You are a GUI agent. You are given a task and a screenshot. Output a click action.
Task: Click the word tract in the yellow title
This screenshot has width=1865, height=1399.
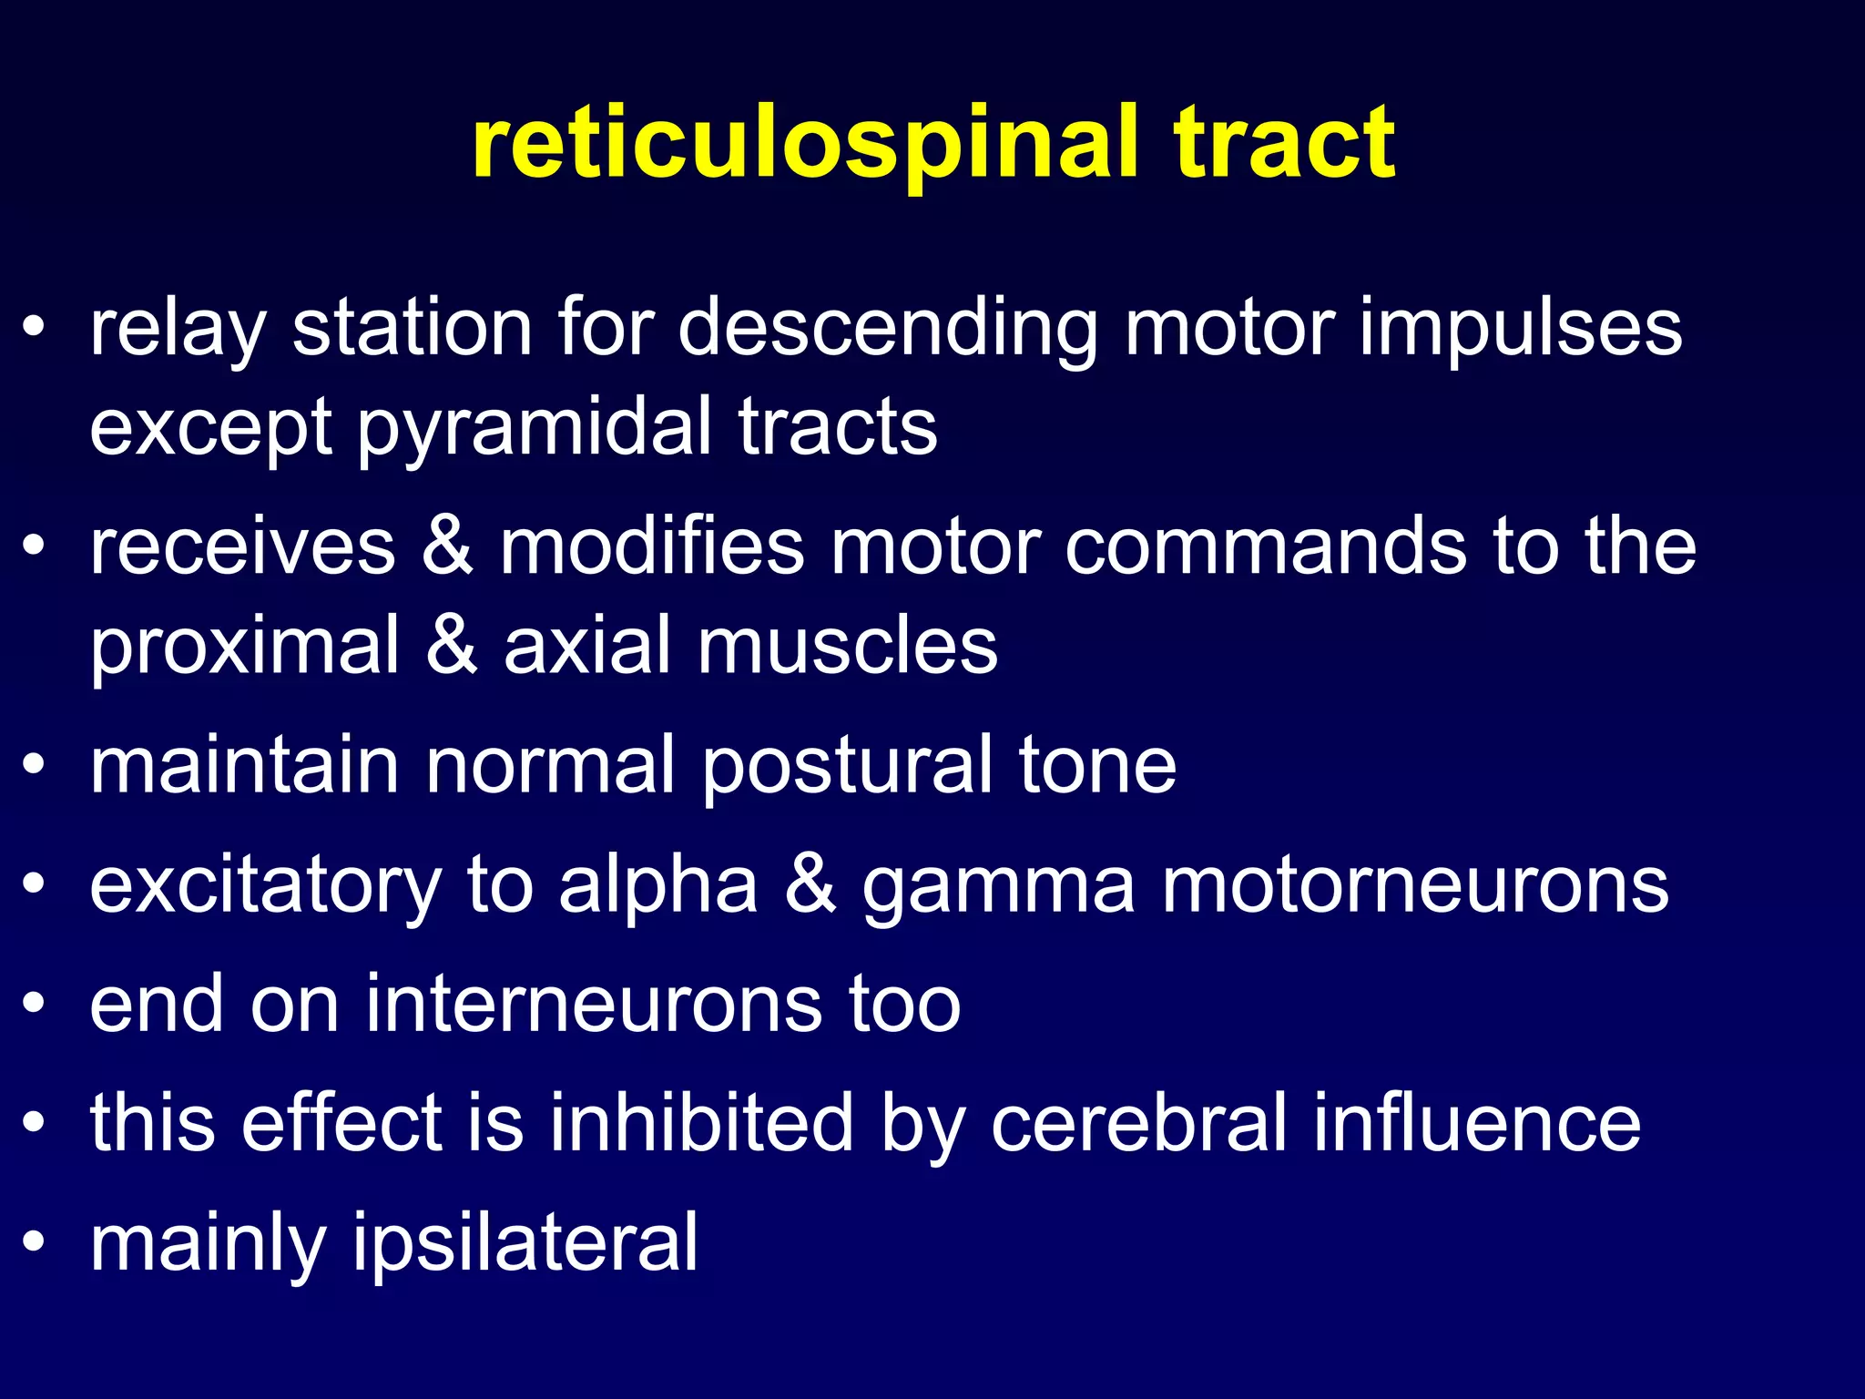[x=1284, y=144]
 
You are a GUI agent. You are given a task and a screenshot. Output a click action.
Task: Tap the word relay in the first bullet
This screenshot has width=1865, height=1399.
[x=178, y=330]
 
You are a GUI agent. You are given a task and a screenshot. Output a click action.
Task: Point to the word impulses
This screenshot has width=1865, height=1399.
[x=1521, y=330]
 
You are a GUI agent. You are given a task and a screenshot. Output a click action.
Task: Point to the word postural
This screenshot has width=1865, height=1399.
[x=847, y=767]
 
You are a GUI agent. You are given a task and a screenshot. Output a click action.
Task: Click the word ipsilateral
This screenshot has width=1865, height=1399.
[x=525, y=1244]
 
